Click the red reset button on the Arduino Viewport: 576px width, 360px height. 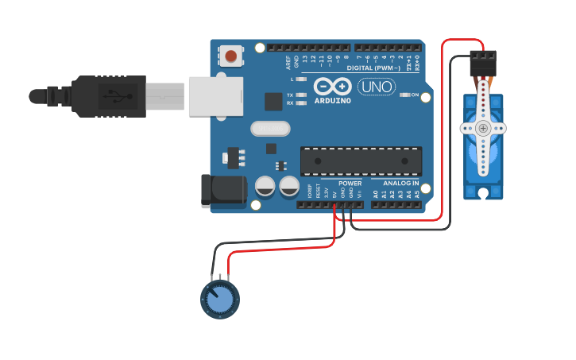pos(230,56)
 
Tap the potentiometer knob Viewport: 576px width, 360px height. pos(219,299)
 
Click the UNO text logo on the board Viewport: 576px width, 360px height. pos(377,87)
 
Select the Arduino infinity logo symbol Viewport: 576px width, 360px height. pos(332,86)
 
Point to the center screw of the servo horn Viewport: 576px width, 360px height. pos(483,128)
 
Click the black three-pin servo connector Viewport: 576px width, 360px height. pos(483,64)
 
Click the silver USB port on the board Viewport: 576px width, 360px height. pos(215,96)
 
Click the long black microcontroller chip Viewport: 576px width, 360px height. pos(361,161)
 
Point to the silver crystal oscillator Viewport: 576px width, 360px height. pos(270,128)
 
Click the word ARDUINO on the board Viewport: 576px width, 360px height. pos(332,101)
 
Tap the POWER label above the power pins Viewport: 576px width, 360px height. pos(350,184)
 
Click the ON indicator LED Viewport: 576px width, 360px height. pos(404,95)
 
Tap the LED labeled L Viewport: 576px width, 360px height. pos(301,79)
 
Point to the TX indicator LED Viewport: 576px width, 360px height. pos(301,95)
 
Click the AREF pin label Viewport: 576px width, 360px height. pos(288,62)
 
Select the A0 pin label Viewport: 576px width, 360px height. pos(376,193)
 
